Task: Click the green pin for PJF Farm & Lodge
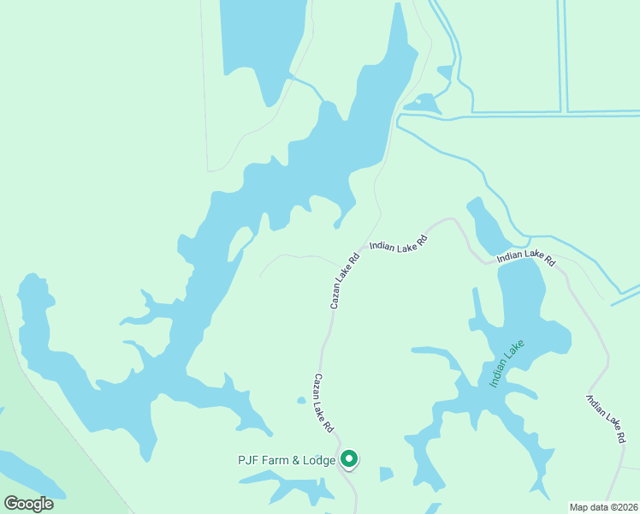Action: (x=349, y=459)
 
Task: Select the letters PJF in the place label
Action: (x=248, y=460)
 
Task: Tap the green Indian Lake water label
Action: (x=506, y=364)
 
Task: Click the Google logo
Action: (x=28, y=503)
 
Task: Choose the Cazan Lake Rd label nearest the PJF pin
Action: (x=323, y=403)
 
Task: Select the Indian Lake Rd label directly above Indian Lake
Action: (x=526, y=256)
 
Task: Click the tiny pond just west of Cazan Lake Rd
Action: (x=301, y=400)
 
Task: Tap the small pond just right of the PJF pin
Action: (x=386, y=474)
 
